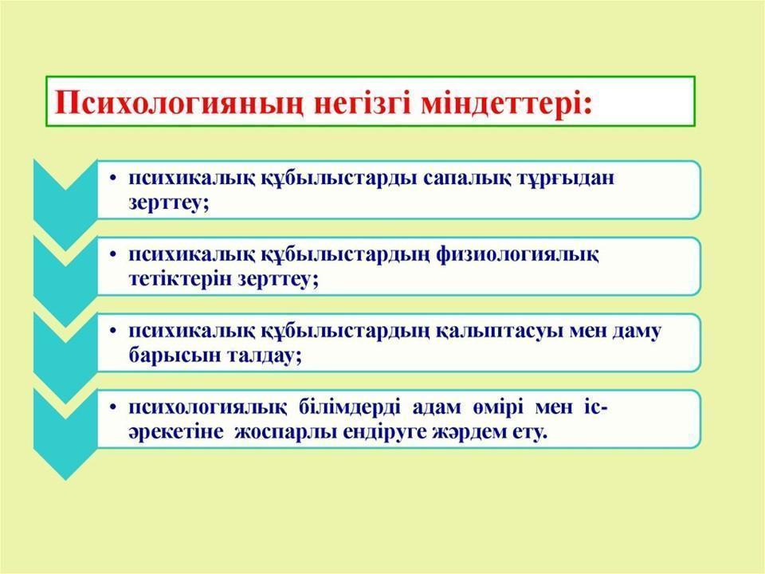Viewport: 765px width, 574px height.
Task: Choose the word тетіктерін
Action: coord(179,279)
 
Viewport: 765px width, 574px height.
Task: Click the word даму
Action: coord(636,332)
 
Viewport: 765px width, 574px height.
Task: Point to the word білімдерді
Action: coord(348,407)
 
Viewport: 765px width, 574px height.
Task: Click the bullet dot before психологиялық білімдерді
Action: coord(113,408)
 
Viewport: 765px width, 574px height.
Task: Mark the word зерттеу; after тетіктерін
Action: coord(277,280)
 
